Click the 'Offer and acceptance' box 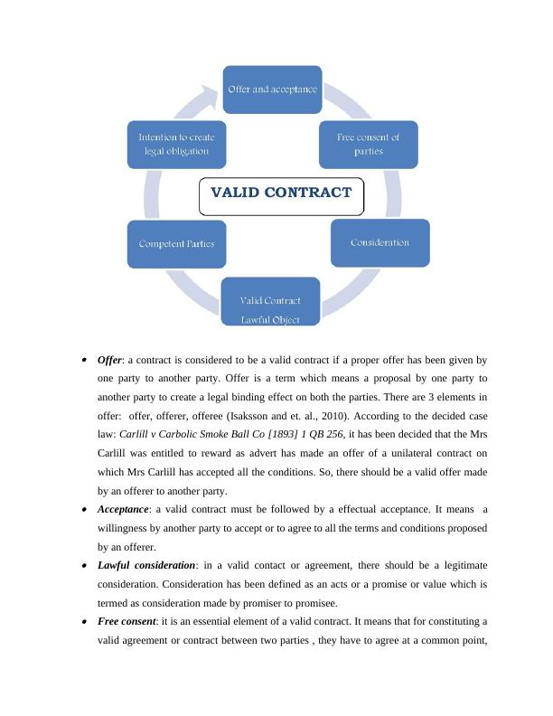272,89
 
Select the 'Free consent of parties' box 368,144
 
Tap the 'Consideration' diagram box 380,242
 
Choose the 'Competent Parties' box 176,244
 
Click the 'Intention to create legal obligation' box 176,144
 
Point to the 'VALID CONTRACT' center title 281,193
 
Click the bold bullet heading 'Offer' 109,360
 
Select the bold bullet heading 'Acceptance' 123,509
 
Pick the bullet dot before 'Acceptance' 84,510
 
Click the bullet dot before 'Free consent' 84,622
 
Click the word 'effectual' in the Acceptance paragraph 338,509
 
